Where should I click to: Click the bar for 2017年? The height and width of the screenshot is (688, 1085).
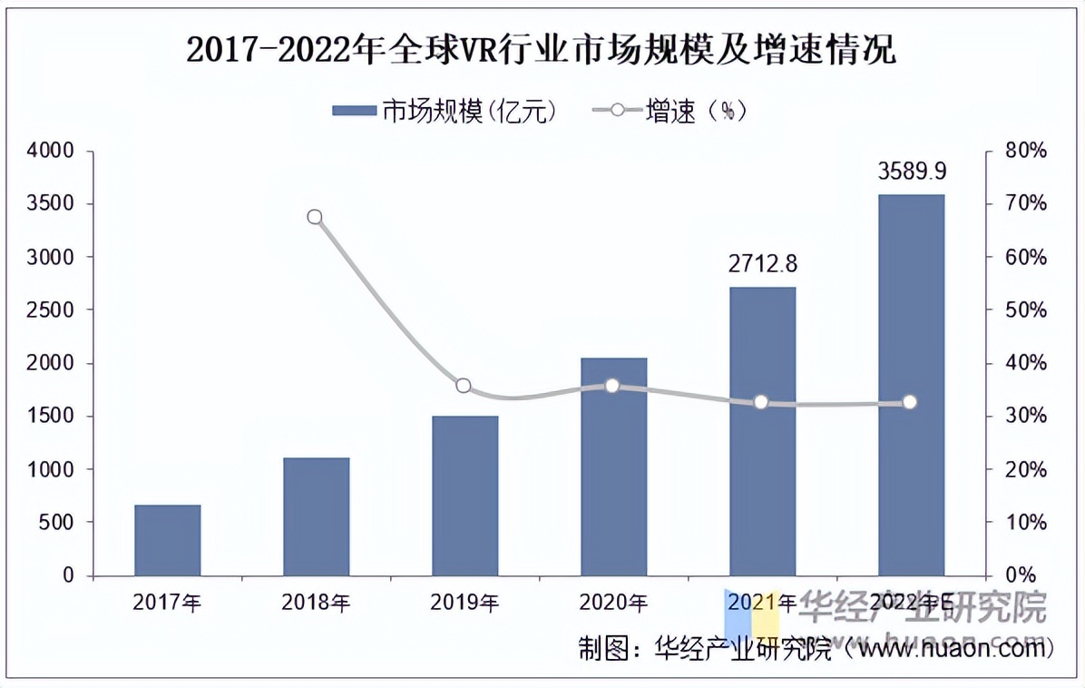pos(168,540)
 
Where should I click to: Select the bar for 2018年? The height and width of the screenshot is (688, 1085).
pos(317,516)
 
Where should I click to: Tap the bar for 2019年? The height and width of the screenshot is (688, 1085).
pos(465,496)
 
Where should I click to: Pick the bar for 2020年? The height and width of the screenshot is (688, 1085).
pos(614,467)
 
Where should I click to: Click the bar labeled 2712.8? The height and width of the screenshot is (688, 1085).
pos(763,431)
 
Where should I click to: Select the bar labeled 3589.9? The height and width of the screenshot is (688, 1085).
pos(912,385)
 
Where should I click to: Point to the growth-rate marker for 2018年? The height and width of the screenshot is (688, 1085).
pos(315,217)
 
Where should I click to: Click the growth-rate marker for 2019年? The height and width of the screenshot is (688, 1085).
pos(464,386)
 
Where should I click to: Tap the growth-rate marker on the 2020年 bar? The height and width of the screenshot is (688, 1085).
pos(612,386)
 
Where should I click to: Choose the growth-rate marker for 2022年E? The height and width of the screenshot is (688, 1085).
pos(910,402)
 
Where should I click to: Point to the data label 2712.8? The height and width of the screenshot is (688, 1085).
pos(763,264)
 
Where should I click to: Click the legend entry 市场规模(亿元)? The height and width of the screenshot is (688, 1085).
pos(445,111)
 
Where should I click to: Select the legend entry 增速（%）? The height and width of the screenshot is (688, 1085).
pos(670,111)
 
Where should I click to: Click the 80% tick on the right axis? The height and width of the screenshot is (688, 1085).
pos(1027,151)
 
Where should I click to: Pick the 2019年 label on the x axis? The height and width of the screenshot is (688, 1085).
pos(465,602)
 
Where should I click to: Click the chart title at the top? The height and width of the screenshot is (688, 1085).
pos(542,51)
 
